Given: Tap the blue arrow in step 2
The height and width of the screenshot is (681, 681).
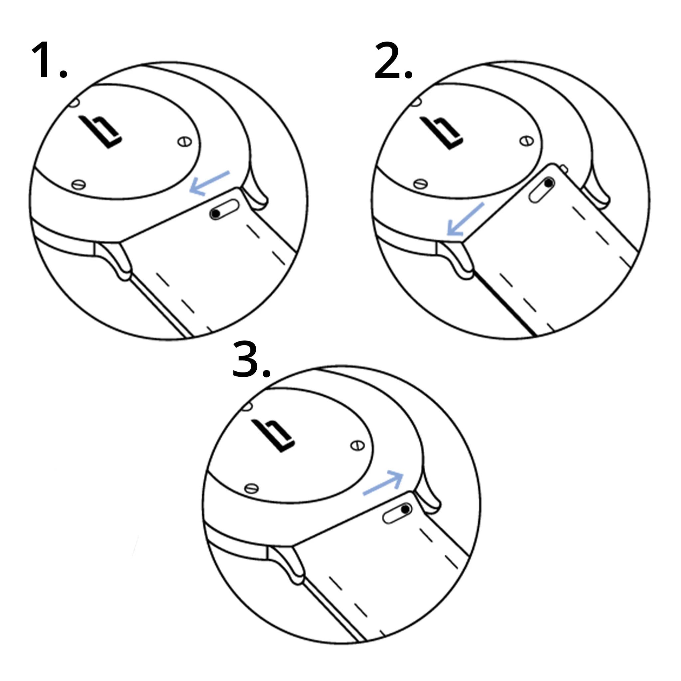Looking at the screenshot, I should pyautogui.click(x=465, y=219).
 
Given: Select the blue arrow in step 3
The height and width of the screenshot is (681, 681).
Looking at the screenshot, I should pyautogui.click(x=384, y=483).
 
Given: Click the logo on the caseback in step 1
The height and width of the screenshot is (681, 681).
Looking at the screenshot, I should pyautogui.click(x=101, y=132).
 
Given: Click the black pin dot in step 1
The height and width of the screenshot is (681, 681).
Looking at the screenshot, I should pyautogui.click(x=215, y=213).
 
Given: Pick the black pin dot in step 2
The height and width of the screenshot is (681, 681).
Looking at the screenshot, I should pyautogui.click(x=548, y=183).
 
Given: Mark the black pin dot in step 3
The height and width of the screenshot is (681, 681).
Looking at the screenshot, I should pyautogui.click(x=406, y=509).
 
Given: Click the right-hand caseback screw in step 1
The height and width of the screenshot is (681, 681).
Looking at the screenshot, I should pyautogui.click(x=184, y=142).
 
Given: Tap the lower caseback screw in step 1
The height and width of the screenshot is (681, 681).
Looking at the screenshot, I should pyautogui.click(x=78, y=184).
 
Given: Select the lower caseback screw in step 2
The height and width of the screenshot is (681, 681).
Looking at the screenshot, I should pyautogui.click(x=420, y=184).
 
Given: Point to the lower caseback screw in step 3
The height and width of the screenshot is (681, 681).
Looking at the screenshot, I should pyautogui.click(x=251, y=488).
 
